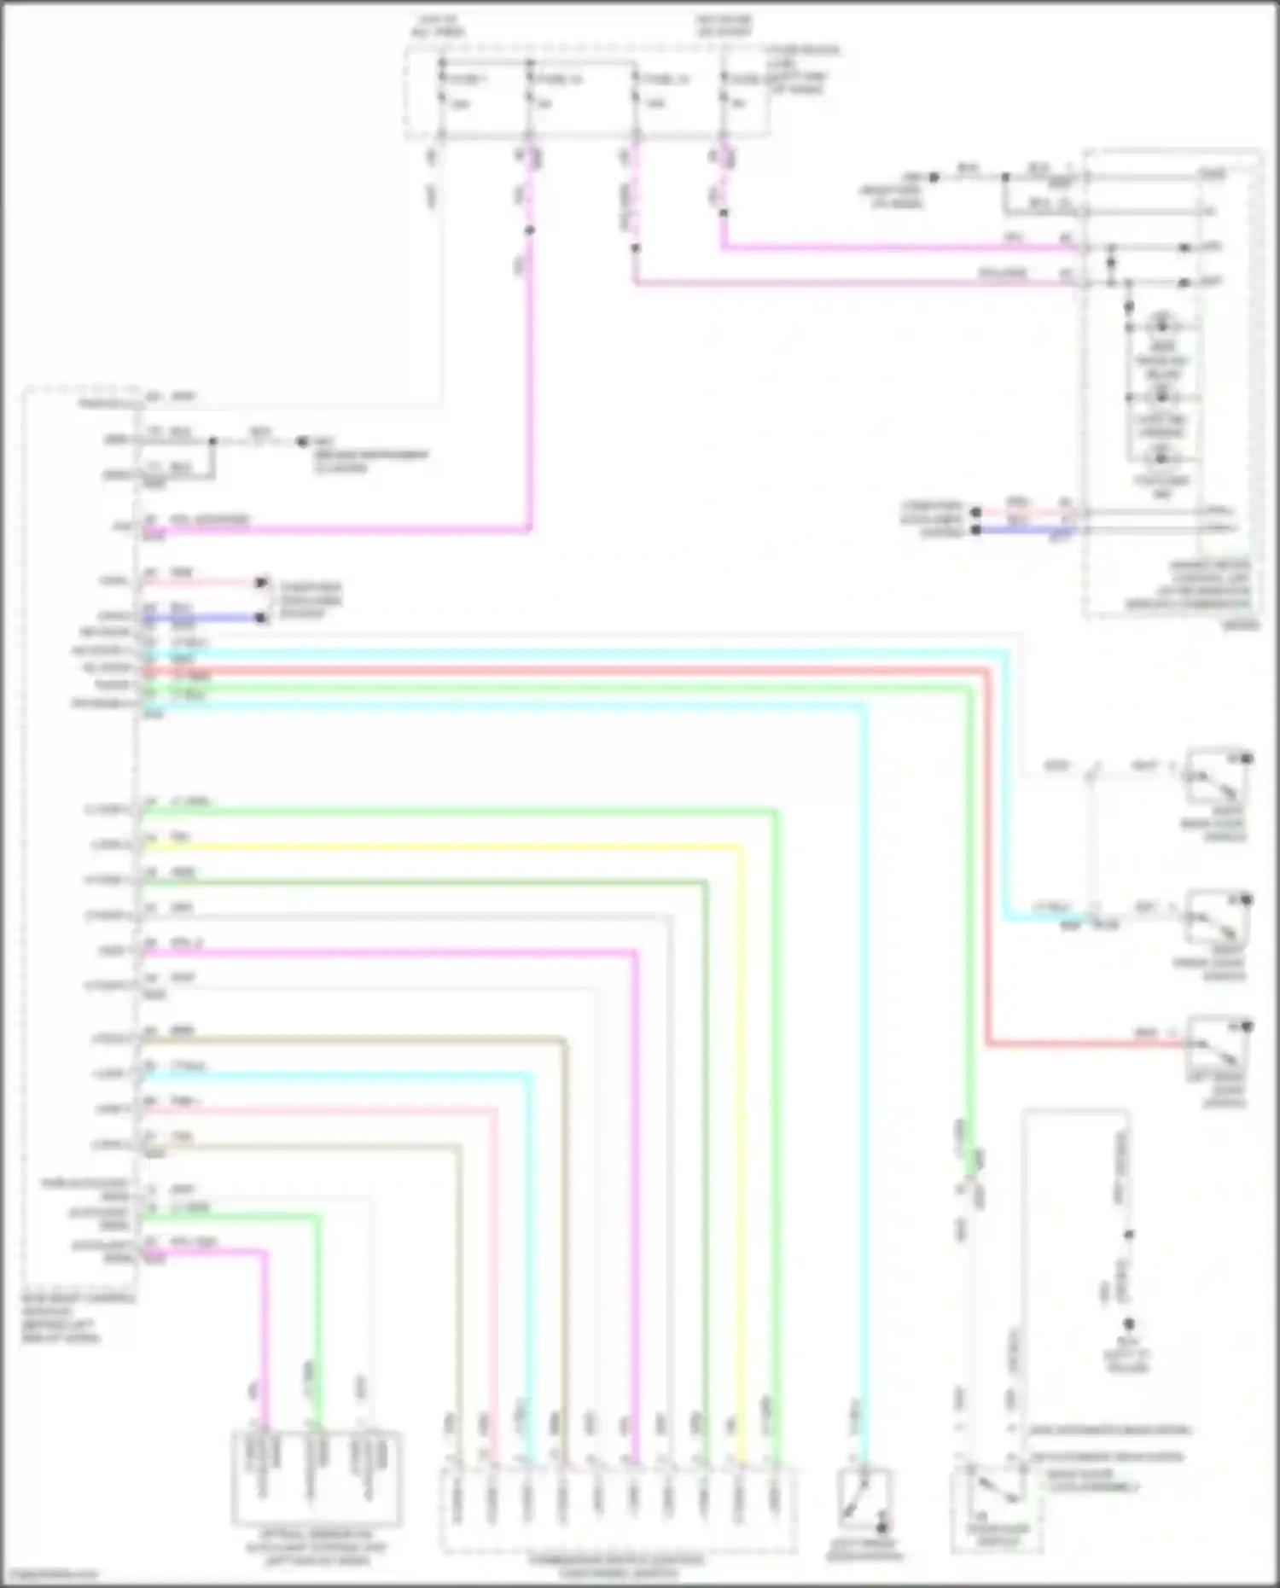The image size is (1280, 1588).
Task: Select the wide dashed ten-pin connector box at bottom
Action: tap(619, 1509)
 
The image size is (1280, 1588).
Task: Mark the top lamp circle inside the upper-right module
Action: tap(1161, 325)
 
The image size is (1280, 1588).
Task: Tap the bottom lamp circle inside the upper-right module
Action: tap(1161, 458)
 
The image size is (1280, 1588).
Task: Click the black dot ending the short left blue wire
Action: tap(262, 617)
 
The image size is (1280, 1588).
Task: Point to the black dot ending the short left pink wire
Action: tap(262, 583)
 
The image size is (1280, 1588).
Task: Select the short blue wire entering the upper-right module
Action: tap(1024, 530)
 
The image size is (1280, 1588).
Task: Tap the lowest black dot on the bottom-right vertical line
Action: tap(1128, 1324)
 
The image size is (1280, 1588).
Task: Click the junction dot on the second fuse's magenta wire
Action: tap(529, 230)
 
